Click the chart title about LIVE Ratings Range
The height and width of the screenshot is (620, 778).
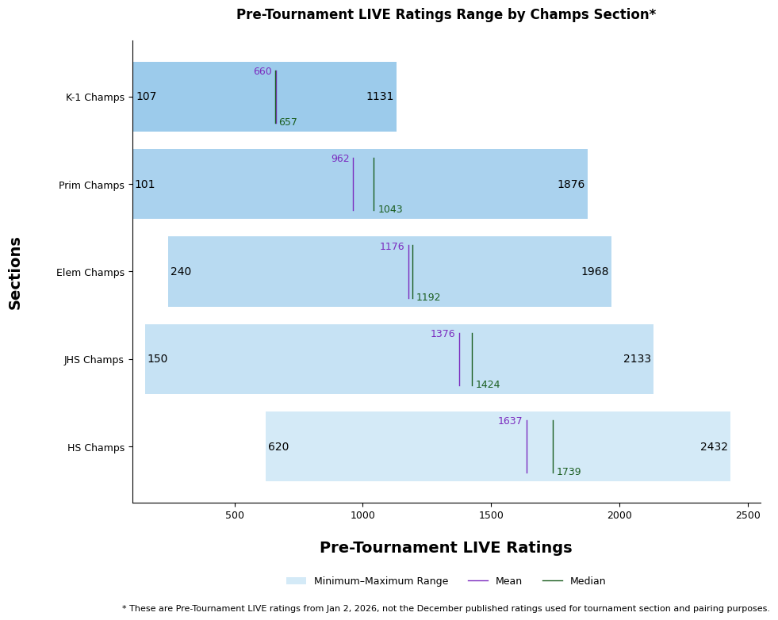click(x=446, y=14)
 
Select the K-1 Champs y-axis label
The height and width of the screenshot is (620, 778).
click(x=95, y=98)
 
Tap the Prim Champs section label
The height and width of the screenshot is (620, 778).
click(x=91, y=186)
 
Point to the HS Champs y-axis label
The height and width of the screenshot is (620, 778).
click(x=96, y=447)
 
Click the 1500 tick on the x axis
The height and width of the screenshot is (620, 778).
click(x=491, y=515)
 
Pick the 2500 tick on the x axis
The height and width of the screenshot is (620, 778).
click(x=747, y=515)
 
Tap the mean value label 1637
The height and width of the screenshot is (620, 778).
click(x=510, y=421)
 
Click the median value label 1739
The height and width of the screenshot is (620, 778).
click(x=569, y=472)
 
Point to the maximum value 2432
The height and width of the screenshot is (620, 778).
click(x=714, y=447)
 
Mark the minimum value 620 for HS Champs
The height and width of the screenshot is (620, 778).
click(x=278, y=447)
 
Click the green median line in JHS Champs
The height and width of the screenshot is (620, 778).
click(x=472, y=359)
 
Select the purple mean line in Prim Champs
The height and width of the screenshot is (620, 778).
click(x=353, y=184)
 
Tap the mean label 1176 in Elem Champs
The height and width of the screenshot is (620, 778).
click(x=392, y=247)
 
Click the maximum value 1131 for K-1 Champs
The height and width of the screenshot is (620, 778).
click(x=380, y=97)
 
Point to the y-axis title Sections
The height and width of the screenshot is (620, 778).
click(x=15, y=273)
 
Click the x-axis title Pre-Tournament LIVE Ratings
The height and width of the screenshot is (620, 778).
click(x=446, y=548)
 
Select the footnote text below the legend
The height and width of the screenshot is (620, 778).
click(x=446, y=609)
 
